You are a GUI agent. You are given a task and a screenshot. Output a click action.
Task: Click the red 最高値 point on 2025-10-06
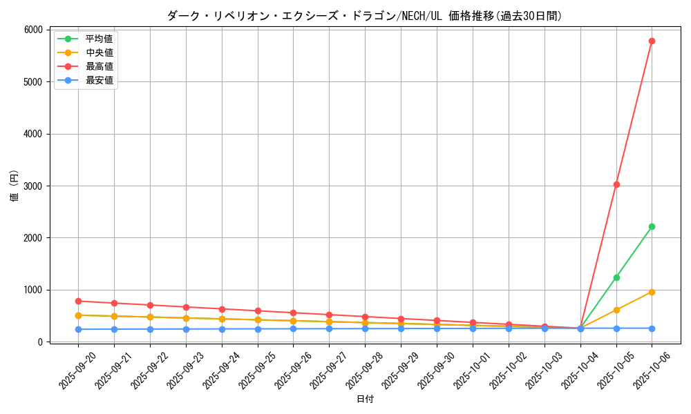pyautogui.click(x=652, y=41)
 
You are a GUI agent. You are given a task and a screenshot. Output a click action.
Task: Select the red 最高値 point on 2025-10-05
pyautogui.click(x=616, y=184)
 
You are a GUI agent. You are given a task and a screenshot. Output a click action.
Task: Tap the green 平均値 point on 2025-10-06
pyautogui.click(x=652, y=226)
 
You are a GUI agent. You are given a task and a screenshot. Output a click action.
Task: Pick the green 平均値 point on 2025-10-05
pyautogui.click(x=616, y=277)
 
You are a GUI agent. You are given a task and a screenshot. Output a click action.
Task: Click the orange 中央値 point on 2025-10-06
pyautogui.click(x=652, y=292)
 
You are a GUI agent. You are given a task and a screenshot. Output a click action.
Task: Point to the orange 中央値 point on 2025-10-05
pyautogui.click(x=616, y=310)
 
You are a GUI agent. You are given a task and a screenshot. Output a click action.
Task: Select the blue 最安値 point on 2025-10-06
pyautogui.click(x=652, y=328)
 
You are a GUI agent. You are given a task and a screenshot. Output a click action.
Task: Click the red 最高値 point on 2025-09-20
pyautogui.click(x=78, y=301)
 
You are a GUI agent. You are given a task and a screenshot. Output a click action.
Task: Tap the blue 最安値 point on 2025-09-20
pyautogui.click(x=78, y=329)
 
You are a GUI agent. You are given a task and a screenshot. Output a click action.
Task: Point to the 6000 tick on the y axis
pyautogui.click(x=32, y=30)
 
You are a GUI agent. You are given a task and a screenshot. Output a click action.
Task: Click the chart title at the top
pyautogui.click(x=364, y=15)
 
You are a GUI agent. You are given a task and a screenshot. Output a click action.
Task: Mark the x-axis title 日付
pyautogui.click(x=365, y=400)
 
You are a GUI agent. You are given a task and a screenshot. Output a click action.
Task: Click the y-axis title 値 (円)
pyautogui.click(x=15, y=186)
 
